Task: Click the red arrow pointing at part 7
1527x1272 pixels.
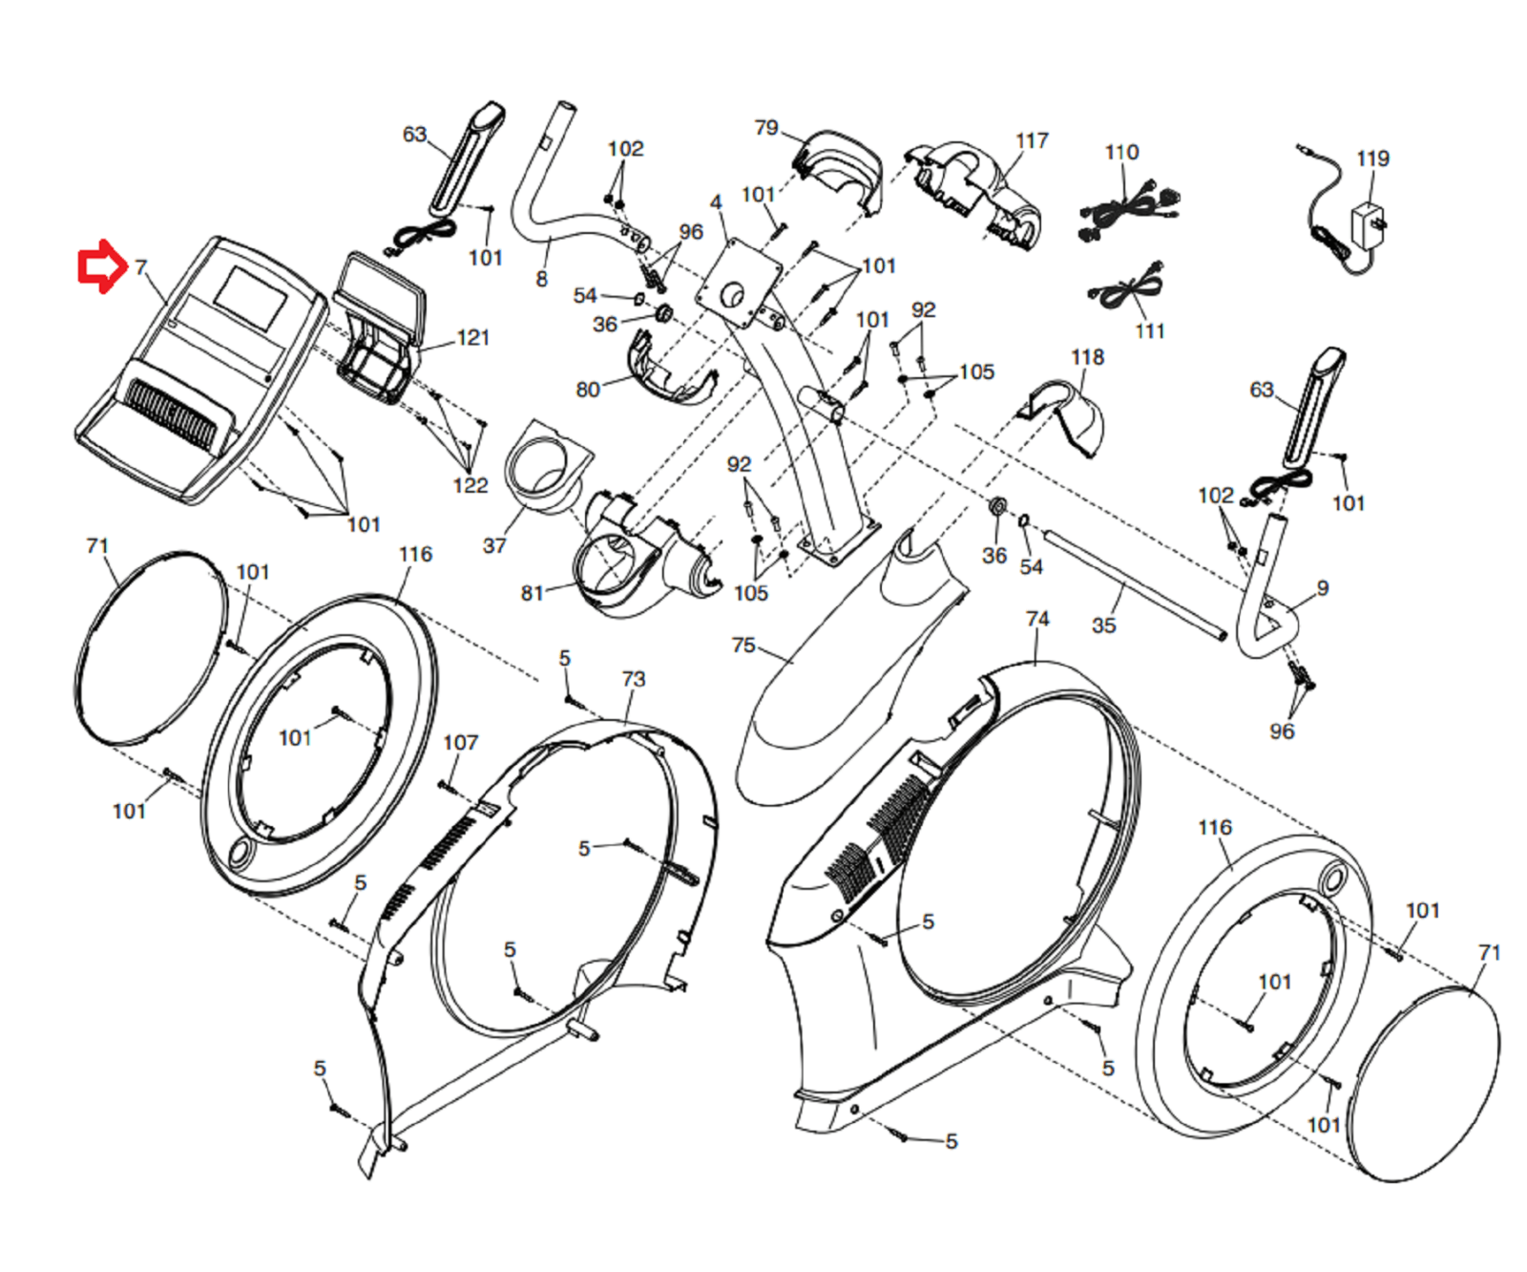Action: pos(100,266)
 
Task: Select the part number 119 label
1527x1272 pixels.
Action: pos(1371,159)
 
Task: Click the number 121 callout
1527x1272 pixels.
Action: pos(472,337)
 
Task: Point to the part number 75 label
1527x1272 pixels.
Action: pos(743,645)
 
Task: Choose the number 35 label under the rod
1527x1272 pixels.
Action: pos(1103,625)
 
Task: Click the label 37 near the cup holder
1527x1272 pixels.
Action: pos(493,545)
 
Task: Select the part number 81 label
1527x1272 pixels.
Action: pos(532,593)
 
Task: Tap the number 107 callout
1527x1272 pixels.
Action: pos(460,742)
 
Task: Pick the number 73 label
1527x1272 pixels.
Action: pos(633,679)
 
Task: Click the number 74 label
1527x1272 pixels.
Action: pos(1037,619)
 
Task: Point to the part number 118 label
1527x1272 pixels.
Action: pos(1087,357)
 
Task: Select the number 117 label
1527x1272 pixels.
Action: pos(1031,140)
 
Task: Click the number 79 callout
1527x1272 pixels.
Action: pos(765,128)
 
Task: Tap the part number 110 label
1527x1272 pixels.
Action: pos(1121,152)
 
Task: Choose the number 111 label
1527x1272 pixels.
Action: pos(1150,330)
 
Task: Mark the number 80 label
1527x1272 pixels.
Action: pos(587,389)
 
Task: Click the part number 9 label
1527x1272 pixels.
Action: pos(1322,587)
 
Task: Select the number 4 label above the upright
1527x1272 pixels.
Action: pos(716,202)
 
